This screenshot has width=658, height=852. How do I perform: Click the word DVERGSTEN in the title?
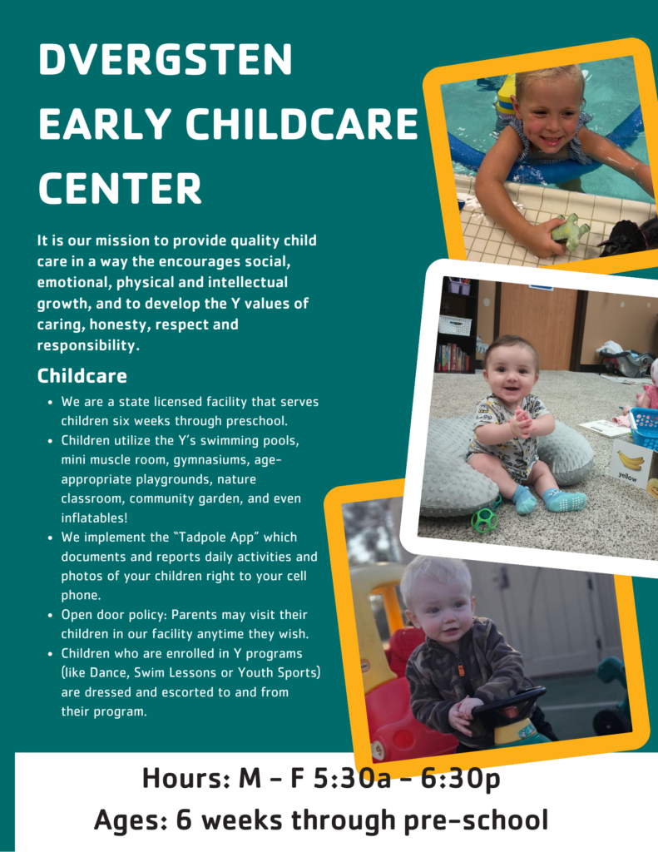tap(166, 59)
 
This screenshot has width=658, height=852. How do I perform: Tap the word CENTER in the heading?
tap(120, 188)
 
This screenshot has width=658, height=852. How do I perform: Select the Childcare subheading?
tap(82, 375)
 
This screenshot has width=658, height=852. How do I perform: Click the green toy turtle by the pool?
tap(569, 232)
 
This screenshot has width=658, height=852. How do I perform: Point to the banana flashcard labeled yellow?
tap(631, 464)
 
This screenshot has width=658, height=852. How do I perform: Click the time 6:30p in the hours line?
tap(460, 778)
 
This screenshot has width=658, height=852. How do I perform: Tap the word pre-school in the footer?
tap(476, 820)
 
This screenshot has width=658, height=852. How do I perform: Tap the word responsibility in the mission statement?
tap(88, 345)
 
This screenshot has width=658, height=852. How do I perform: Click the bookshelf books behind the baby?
tap(452, 358)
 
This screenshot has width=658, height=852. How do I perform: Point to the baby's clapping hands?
tap(521, 422)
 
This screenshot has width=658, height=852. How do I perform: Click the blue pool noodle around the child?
tap(549, 157)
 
